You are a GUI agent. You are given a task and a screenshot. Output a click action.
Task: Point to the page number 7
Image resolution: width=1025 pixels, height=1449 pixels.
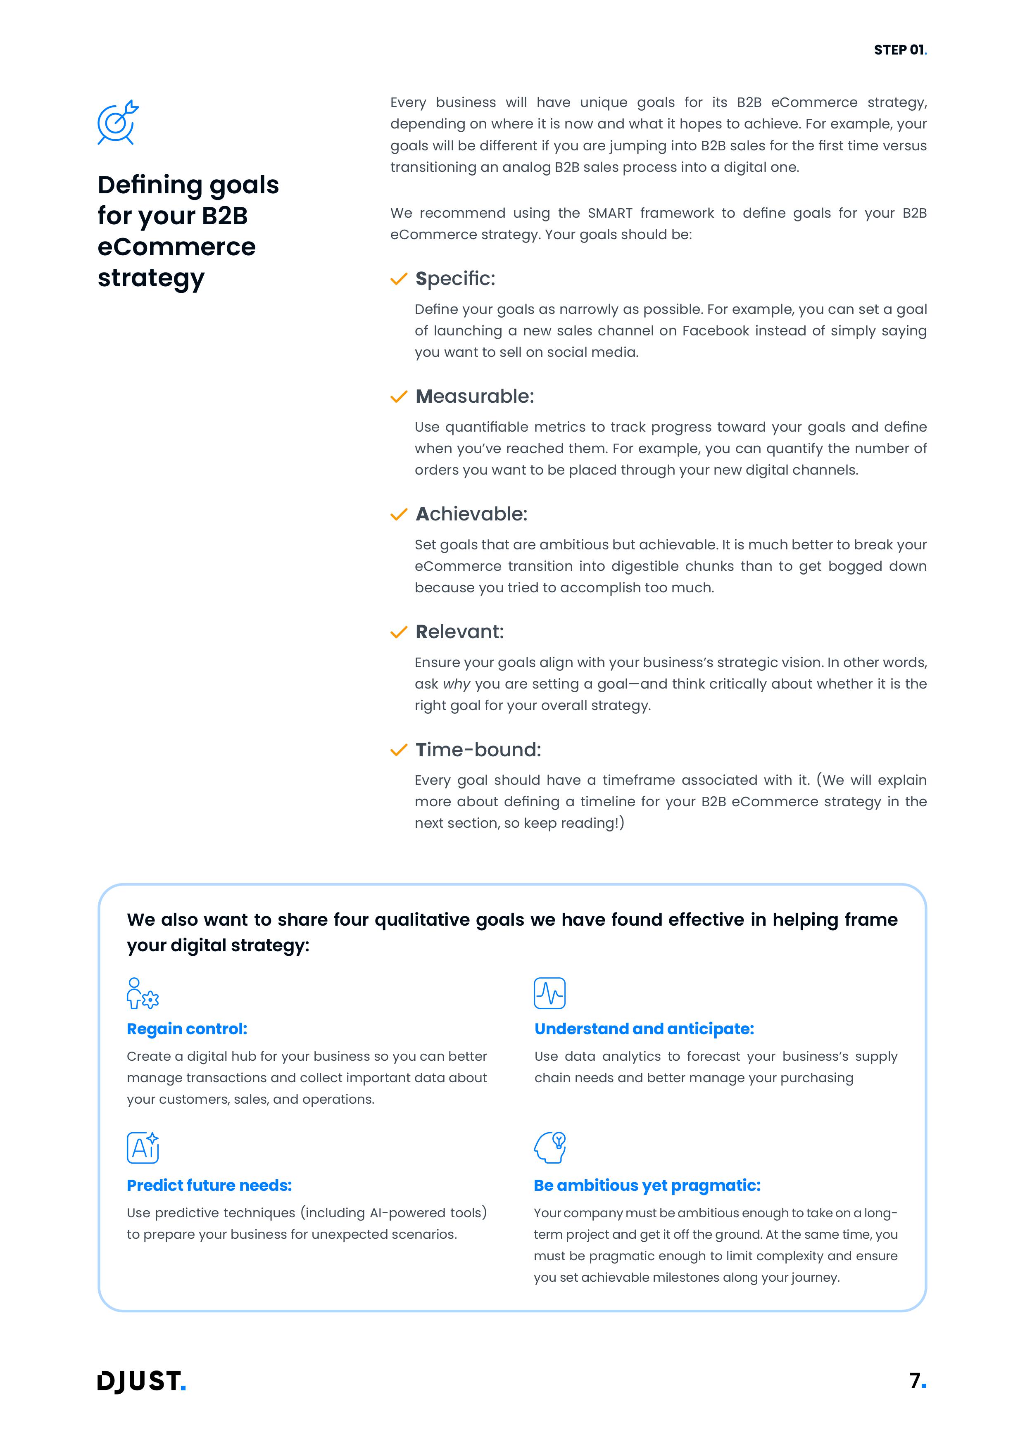[x=916, y=1381]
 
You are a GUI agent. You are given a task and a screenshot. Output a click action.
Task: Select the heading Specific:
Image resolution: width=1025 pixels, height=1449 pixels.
[x=455, y=278]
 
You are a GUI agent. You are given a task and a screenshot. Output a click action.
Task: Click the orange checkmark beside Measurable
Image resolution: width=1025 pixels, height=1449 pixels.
[x=398, y=397]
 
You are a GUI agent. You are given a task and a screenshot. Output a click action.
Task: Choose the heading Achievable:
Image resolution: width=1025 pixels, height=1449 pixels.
[x=471, y=514]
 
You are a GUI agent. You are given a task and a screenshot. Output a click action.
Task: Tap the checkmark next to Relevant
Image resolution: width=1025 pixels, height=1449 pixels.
[x=398, y=632]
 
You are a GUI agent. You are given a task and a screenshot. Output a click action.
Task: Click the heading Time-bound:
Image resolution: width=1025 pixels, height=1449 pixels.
[x=478, y=750]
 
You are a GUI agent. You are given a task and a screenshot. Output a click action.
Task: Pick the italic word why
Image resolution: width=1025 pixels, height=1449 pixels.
[x=457, y=684]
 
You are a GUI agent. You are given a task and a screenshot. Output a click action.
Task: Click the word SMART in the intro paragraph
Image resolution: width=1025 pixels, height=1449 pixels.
[x=610, y=213]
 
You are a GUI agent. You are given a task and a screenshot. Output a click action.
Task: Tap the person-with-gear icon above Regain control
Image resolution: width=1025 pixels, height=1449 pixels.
[x=142, y=993]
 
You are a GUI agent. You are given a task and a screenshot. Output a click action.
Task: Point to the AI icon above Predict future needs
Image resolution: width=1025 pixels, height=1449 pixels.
[x=143, y=1148]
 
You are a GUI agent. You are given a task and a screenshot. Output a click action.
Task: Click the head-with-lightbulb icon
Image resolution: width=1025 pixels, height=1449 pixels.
[x=550, y=1148]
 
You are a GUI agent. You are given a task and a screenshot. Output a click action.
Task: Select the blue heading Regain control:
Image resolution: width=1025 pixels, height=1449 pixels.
[x=187, y=1029]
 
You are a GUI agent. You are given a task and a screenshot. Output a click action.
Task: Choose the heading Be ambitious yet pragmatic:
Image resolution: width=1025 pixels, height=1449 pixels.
[x=647, y=1186]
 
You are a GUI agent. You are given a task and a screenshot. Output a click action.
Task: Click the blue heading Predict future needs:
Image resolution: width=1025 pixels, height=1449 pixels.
[x=209, y=1186]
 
